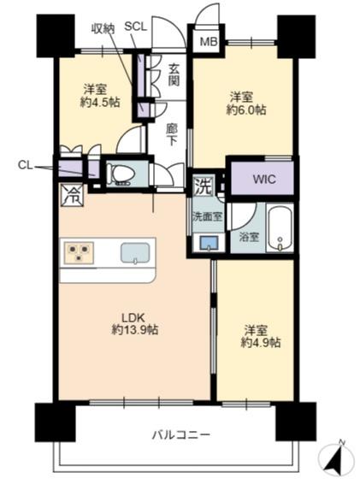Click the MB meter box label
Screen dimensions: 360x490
(x=209, y=42)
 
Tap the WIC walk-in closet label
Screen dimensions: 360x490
(x=264, y=179)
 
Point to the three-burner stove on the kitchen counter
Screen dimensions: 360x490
(x=79, y=252)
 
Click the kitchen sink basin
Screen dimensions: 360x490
(x=135, y=253)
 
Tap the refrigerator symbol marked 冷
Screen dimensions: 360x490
(x=72, y=195)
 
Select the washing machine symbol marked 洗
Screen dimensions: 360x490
(x=204, y=186)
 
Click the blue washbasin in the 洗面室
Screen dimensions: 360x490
(x=209, y=243)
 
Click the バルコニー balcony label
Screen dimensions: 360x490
(x=181, y=434)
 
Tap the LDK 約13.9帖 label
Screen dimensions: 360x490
(x=135, y=324)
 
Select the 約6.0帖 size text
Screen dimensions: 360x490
(x=246, y=109)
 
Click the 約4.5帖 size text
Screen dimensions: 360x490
(x=100, y=102)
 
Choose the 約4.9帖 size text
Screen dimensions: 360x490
(x=261, y=343)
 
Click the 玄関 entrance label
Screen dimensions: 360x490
(x=174, y=74)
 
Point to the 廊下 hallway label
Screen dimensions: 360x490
(x=171, y=135)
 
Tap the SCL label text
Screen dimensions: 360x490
(x=135, y=27)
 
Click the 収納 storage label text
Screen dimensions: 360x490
(x=103, y=29)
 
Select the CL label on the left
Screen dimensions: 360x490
(x=26, y=165)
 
